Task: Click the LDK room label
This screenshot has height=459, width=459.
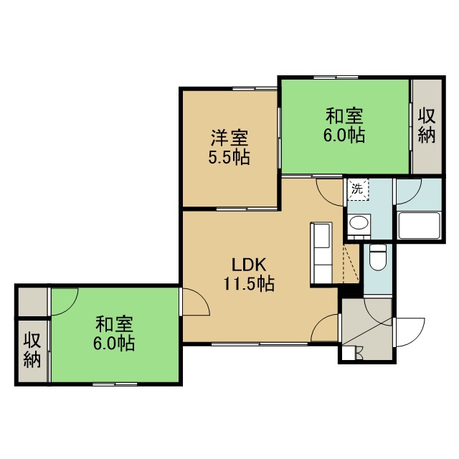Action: pos(249,265)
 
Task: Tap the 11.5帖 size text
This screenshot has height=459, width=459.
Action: pos(249,284)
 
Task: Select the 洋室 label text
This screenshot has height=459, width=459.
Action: pos(229,138)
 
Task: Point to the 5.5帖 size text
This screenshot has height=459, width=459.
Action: pos(229,157)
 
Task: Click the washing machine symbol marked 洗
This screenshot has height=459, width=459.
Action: pos(358,189)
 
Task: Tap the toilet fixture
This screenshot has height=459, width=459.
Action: pos(378,257)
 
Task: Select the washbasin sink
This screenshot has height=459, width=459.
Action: pos(359,224)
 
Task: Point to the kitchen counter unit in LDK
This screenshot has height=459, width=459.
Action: pos(321,253)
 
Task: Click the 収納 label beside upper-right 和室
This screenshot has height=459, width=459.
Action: pos(427,126)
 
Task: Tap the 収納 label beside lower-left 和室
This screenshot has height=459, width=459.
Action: pos(32,350)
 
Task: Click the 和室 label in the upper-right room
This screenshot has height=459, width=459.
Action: pos(344,116)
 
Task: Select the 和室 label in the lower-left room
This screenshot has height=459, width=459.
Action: pos(115,324)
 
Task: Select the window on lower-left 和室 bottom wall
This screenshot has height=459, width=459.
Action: pos(115,384)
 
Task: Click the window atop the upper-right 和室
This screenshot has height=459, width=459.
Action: pos(336,77)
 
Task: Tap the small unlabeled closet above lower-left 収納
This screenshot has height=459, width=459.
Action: pos(33,302)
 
